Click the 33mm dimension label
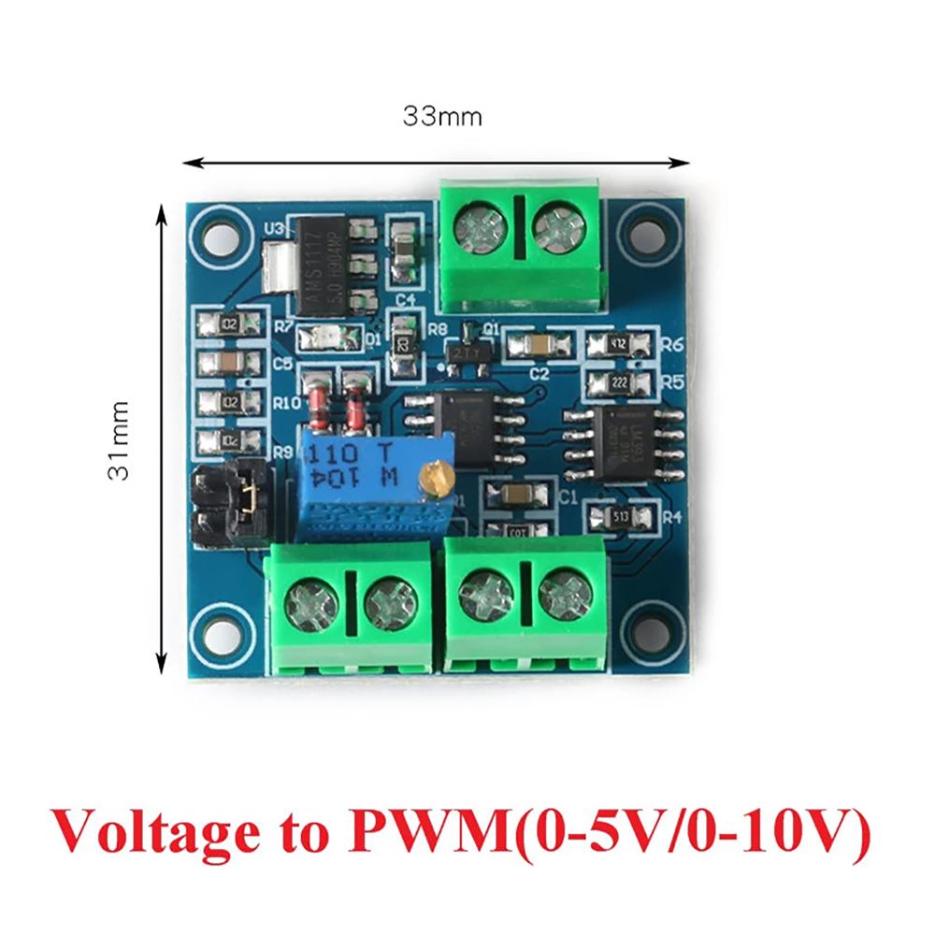[x=442, y=117]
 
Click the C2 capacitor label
[x=539, y=373]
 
